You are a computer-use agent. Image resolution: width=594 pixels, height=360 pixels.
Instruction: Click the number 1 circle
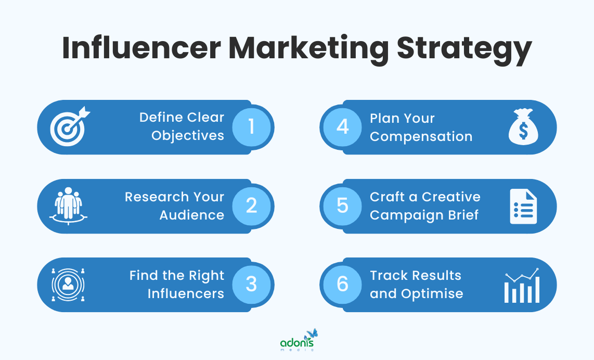pyautogui.click(x=252, y=127)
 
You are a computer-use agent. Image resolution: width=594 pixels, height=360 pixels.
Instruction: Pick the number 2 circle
pyautogui.click(x=252, y=205)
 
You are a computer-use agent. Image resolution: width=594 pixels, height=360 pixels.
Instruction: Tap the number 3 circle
pyautogui.click(x=252, y=285)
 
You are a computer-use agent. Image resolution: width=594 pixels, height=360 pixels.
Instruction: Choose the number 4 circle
pyautogui.click(x=342, y=127)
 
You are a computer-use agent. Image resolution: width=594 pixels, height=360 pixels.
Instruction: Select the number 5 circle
pyautogui.click(x=342, y=205)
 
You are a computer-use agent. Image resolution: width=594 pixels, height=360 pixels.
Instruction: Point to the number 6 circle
pyautogui.click(x=342, y=285)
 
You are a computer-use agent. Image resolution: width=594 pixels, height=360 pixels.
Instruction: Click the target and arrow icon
pyautogui.click(x=69, y=126)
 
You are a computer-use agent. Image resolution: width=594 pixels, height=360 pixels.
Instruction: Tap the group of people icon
pyautogui.click(x=69, y=205)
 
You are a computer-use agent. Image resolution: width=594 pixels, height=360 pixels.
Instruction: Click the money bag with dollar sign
pyautogui.click(x=522, y=126)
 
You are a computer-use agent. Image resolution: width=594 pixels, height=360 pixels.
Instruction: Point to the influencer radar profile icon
pyautogui.click(x=68, y=285)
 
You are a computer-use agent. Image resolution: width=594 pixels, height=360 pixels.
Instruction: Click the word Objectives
pyautogui.click(x=188, y=136)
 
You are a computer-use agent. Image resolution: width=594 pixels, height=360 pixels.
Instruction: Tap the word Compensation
pyautogui.click(x=421, y=136)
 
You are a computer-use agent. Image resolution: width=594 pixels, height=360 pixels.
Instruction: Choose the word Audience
pyautogui.click(x=191, y=215)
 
